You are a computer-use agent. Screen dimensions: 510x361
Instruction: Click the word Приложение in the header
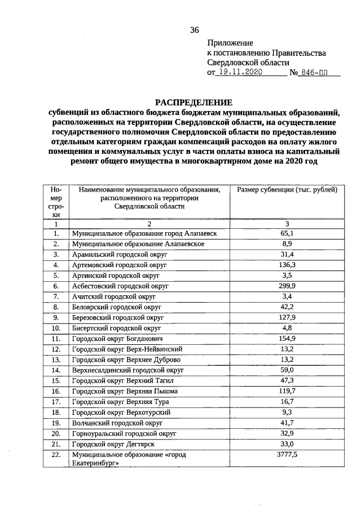tap(230, 43)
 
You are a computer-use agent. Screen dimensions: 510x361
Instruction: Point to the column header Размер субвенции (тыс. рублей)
tap(287, 190)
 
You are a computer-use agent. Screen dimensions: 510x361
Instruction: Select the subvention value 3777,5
tap(287, 455)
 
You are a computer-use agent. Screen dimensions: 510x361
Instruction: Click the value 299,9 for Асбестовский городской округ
tap(287, 286)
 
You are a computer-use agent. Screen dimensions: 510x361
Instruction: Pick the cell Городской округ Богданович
tap(117, 339)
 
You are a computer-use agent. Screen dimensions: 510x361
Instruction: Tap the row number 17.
tap(56, 402)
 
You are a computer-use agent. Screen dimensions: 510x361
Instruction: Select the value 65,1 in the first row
tap(287, 233)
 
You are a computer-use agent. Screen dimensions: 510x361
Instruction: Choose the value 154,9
tap(287, 339)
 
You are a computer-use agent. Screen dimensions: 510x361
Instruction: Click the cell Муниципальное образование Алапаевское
tap(138, 244)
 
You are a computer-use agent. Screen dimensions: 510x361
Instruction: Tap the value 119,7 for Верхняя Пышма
tap(287, 391)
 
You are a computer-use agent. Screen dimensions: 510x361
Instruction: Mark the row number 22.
tap(56, 455)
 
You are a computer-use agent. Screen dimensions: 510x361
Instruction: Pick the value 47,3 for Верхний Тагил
tap(287, 381)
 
